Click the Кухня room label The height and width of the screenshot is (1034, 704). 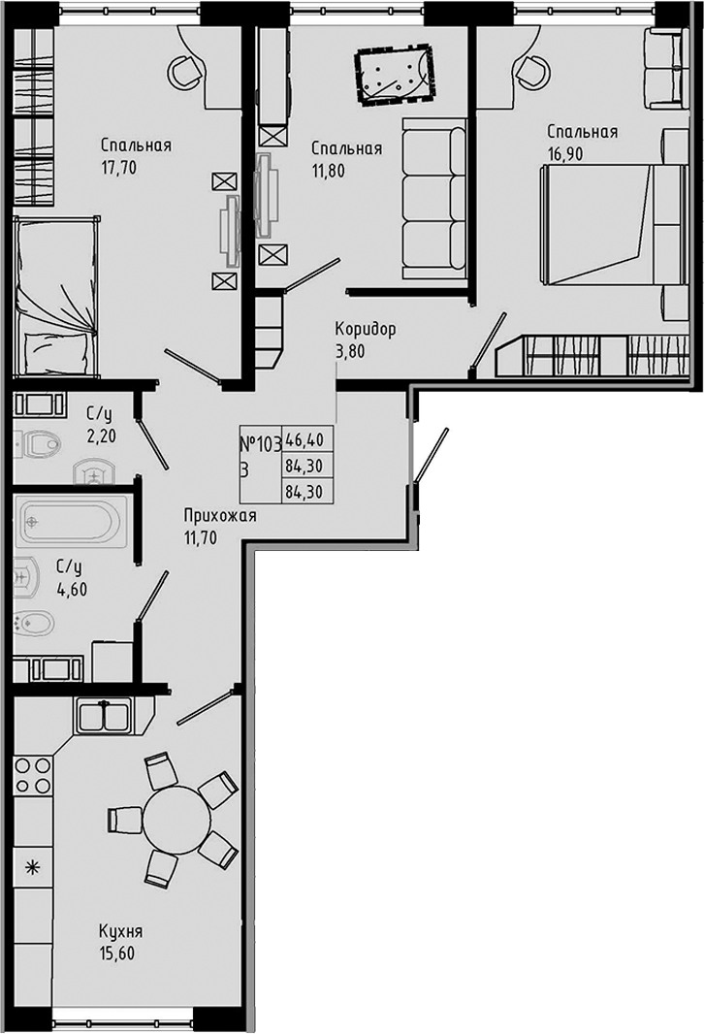coord(120,932)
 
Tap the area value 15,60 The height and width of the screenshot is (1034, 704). coord(116,953)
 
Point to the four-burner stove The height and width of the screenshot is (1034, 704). coord(32,776)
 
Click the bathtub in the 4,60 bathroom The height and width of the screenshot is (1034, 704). coord(73,524)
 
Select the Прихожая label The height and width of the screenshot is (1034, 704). coord(219,516)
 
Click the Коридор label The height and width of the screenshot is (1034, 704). coord(365,330)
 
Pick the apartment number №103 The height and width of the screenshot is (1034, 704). coord(259,445)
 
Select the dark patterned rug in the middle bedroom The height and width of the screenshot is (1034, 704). coord(393,77)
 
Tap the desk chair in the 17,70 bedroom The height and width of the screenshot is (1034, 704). coord(183,70)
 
